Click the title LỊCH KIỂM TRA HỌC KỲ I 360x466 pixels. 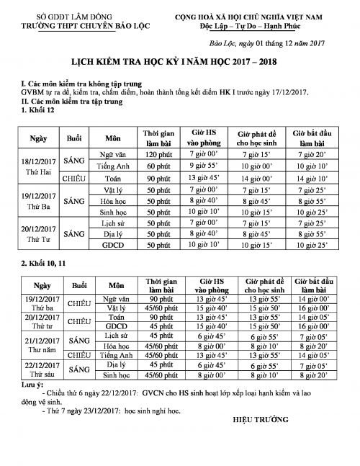pyautogui.click(x=180, y=63)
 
